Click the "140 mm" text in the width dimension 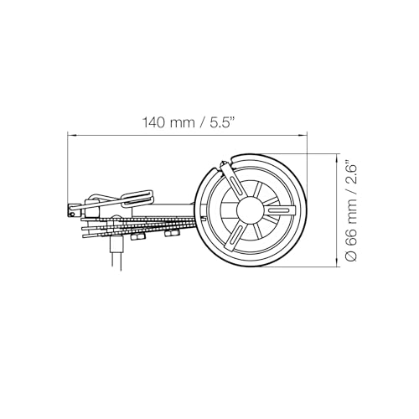click(x=168, y=122)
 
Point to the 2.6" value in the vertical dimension click(x=351, y=173)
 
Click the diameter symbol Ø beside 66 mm click(x=351, y=256)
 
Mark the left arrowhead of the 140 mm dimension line click(x=71, y=136)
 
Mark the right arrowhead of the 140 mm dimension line click(x=303, y=136)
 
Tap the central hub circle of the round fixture click(x=249, y=210)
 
